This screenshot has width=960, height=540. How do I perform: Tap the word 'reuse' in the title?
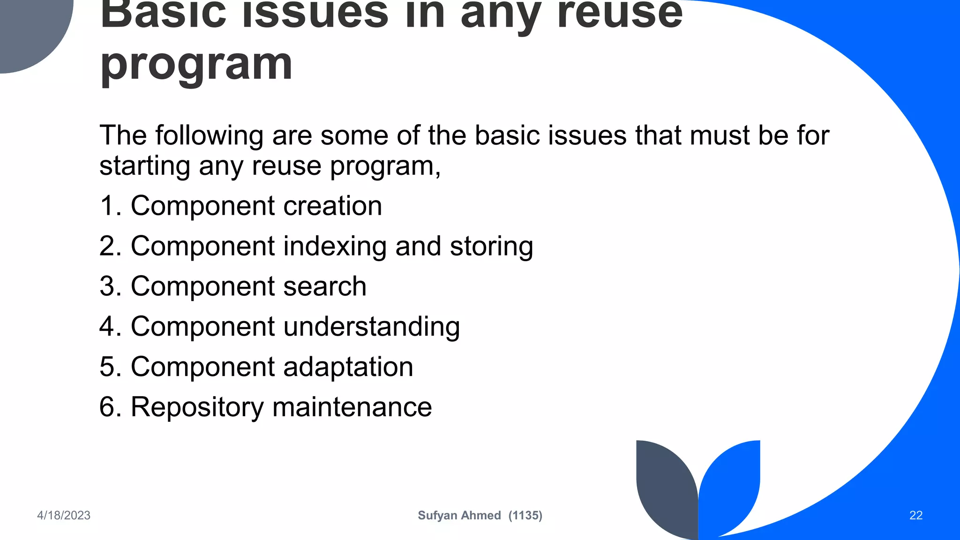click(x=620, y=13)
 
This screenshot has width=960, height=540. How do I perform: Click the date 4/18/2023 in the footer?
click(x=64, y=515)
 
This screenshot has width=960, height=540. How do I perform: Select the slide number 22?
click(x=916, y=515)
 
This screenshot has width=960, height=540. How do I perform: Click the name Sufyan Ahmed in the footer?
click(x=459, y=515)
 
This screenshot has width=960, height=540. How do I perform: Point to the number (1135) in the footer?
click(x=525, y=515)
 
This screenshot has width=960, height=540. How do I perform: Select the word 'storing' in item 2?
click(x=491, y=246)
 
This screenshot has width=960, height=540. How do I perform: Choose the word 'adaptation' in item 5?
click(x=348, y=367)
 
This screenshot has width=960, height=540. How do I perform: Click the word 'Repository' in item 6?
click(x=197, y=407)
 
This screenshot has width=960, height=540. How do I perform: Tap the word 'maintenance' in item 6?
click(x=352, y=407)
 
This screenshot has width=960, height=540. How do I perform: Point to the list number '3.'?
click(x=111, y=286)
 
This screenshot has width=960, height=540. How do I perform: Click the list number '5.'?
click(x=111, y=367)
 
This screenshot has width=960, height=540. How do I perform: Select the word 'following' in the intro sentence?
click(x=209, y=136)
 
